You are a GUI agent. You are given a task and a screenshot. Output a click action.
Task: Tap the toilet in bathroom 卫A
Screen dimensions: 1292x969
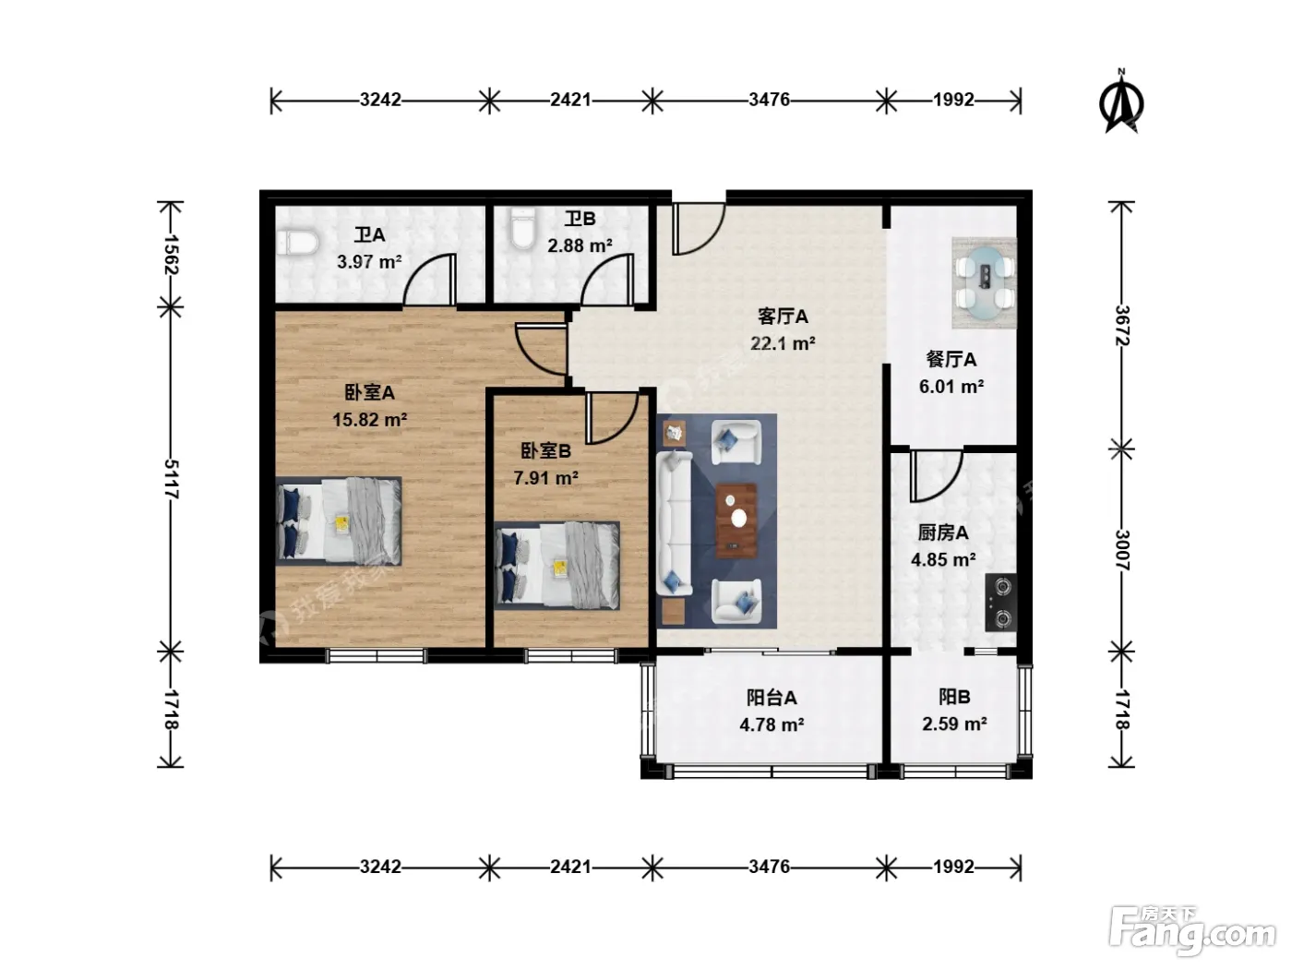coord(298,243)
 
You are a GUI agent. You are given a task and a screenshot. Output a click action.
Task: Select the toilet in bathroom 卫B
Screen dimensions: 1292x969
coord(523,228)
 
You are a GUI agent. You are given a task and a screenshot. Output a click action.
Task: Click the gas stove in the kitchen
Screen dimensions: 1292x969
coord(1000,603)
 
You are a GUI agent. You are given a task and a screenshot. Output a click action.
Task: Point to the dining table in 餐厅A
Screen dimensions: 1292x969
coord(985,283)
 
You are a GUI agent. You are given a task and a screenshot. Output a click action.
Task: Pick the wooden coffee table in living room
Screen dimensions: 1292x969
coord(736,520)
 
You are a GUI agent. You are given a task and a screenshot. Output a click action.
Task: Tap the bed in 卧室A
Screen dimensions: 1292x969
coord(339,521)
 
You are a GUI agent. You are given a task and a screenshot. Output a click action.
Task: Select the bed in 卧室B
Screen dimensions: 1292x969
coord(556,566)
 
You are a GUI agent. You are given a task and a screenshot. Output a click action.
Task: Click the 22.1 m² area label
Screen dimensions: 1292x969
coord(783,343)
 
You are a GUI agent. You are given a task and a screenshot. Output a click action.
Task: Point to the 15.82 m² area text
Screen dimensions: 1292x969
coord(370,420)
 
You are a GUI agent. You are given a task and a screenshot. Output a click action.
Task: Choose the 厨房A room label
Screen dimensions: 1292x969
coord(943,532)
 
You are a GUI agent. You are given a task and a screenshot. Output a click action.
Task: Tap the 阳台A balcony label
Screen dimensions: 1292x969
coord(772,698)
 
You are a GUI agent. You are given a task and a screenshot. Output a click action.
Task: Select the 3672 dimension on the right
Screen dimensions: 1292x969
coord(1122,326)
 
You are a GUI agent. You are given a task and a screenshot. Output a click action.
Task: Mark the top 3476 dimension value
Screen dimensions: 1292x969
coord(769,100)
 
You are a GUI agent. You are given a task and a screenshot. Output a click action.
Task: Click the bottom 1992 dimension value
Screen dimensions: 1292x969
coord(953,867)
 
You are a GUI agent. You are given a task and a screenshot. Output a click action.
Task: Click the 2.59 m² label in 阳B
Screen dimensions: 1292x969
coord(954,724)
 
